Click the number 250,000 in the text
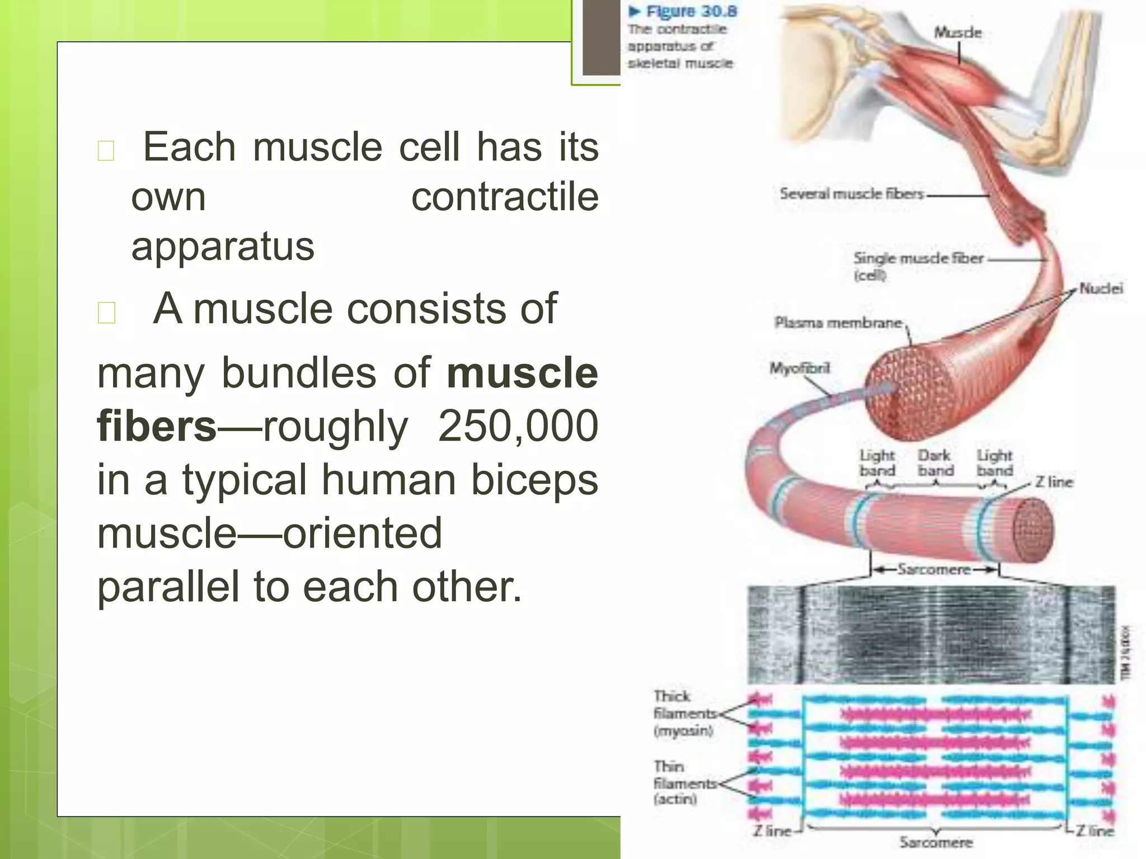tap(518, 427)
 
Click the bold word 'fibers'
tap(157, 427)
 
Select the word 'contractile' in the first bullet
tap(504, 197)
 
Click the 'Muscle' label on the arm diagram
tap(957, 32)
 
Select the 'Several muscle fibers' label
tap(851, 194)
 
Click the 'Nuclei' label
tap(1100, 289)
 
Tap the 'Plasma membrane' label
tap(838, 323)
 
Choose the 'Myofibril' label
tap(799, 369)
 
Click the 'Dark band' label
tap(935, 463)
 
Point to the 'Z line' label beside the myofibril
tap(1053, 482)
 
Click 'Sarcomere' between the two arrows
tap(934, 570)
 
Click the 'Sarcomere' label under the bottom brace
tap(936, 842)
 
